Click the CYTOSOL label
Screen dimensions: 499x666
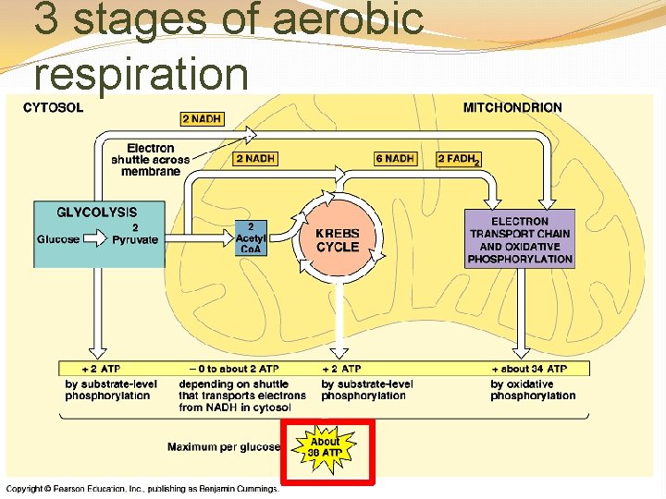click(53, 107)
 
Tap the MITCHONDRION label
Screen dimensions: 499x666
click(512, 107)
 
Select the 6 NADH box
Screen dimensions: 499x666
click(395, 159)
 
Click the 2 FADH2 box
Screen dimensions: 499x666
click(459, 159)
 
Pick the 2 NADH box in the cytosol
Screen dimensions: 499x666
click(201, 119)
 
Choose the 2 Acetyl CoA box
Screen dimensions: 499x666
click(252, 237)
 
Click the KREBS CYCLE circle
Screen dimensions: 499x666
click(338, 240)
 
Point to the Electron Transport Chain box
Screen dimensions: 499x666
click(520, 240)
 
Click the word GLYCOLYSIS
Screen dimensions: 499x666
click(97, 213)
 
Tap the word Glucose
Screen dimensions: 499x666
click(58, 240)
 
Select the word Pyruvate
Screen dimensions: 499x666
click(135, 240)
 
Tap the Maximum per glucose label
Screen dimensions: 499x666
click(223, 447)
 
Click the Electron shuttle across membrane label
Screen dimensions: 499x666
click(151, 160)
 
